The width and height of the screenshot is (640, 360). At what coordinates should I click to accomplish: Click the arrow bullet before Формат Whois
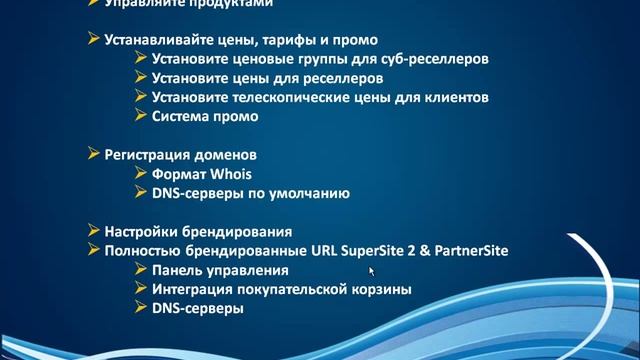click(140, 174)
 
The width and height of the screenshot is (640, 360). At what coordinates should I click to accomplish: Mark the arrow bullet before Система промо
click(140, 116)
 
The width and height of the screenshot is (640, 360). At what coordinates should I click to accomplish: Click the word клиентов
click(457, 98)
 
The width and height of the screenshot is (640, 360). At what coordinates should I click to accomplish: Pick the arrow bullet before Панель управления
click(140, 270)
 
